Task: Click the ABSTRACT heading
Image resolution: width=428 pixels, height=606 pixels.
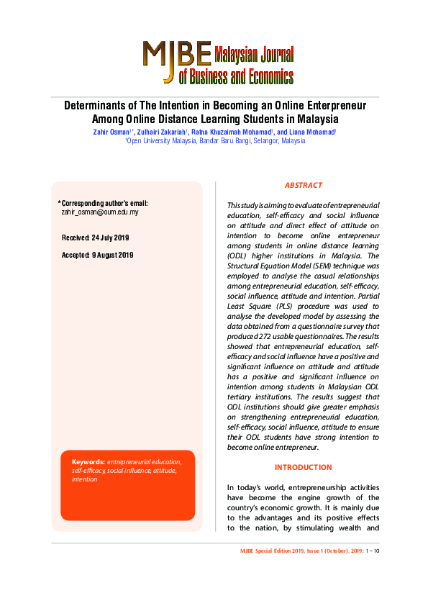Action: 303,186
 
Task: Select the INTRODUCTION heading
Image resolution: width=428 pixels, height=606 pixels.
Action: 303,468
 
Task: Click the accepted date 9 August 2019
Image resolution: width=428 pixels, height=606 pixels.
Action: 112,255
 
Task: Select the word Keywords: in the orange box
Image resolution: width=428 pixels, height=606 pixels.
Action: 88,461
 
